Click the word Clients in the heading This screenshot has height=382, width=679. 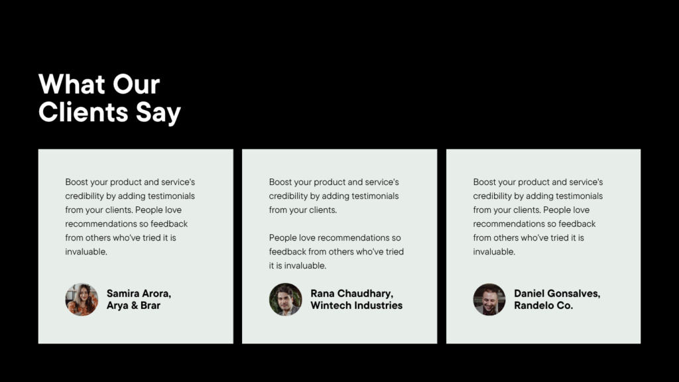pos(83,112)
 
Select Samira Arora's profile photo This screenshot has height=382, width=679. pos(82,299)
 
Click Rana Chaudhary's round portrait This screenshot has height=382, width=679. pos(285,299)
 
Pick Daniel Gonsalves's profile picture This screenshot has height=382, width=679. pos(489,299)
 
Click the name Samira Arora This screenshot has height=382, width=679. pos(139,294)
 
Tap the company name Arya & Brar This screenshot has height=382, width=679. pos(133,305)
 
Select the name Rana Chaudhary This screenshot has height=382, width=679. pos(351,294)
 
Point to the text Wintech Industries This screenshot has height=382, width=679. pos(356,305)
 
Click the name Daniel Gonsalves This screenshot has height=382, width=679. pos(557,294)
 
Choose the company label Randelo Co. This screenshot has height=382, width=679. pos(543,305)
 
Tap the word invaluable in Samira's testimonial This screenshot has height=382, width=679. pos(86,251)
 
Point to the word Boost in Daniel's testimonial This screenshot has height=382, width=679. pos(484,182)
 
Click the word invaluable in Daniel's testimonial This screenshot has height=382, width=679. pos(493,251)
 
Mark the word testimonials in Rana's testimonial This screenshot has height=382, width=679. pos(375,196)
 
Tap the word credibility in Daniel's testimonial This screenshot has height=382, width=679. pos(492,196)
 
